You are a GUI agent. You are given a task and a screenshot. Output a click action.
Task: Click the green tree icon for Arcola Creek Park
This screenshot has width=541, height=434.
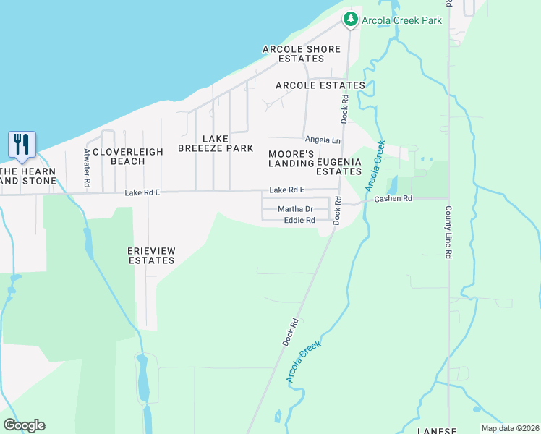351,20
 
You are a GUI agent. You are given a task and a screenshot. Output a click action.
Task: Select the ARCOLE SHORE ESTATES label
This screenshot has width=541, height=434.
302,54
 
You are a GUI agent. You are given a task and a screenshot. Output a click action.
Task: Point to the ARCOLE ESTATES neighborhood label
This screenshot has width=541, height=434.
320,85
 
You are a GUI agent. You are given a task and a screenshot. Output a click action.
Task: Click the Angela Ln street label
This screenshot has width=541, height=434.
323,140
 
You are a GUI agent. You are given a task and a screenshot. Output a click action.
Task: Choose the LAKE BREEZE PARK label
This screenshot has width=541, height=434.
216,143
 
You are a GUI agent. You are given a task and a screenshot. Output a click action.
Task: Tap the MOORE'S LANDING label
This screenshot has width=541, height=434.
291,160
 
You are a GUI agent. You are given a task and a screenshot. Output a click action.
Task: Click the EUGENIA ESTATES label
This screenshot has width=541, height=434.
338,166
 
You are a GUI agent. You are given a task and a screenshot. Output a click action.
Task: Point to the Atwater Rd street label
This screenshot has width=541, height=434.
87,169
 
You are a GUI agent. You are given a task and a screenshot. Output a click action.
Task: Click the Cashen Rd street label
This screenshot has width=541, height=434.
393,198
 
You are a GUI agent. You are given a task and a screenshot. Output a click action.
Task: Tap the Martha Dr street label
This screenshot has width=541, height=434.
295,209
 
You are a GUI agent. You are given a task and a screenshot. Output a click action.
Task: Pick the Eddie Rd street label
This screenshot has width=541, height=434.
299,221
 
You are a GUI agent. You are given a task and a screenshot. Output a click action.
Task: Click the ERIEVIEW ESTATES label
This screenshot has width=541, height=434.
152,255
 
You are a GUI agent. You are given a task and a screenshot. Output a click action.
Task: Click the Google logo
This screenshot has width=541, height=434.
24,425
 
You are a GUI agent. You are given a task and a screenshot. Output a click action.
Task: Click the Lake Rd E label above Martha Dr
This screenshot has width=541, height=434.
287,190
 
